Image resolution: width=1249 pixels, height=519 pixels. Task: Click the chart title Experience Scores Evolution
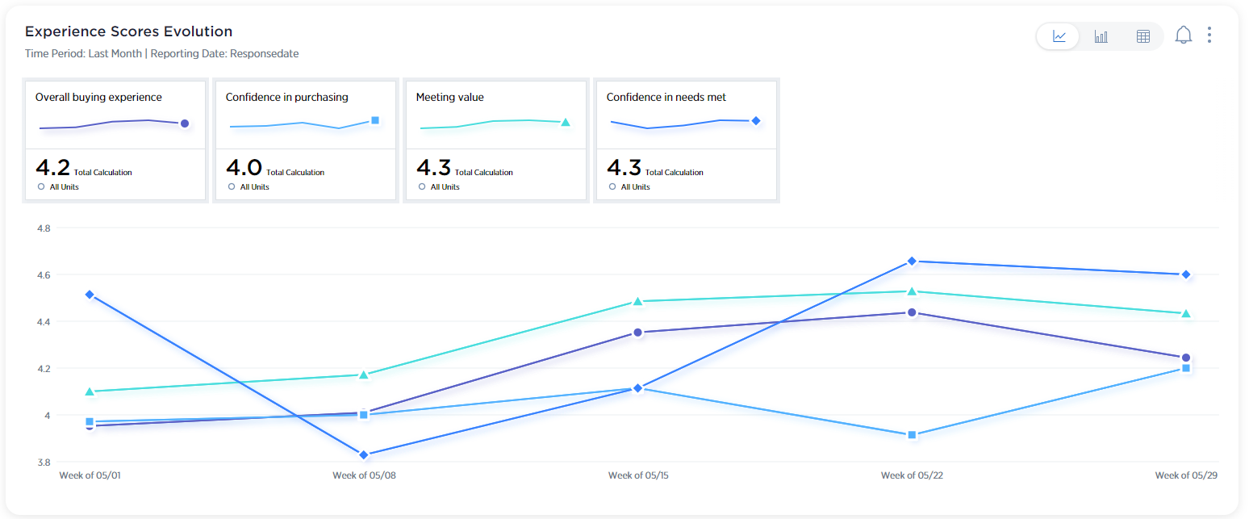(129, 32)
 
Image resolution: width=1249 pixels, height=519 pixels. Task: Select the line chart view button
(1059, 36)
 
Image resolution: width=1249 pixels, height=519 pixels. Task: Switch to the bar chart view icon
(1101, 36)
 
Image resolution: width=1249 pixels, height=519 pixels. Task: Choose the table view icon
(1142, 36)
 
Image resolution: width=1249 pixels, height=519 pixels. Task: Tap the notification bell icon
(1184, 36)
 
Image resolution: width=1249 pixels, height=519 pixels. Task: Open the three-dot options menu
(1209, 35)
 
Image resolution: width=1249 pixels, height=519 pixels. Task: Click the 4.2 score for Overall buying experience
(52, 168)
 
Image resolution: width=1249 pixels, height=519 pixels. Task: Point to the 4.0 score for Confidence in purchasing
(243, 168)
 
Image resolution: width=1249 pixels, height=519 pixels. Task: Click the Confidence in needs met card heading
(666, 98)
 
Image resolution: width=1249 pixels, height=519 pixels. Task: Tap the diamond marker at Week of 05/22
(912, 262)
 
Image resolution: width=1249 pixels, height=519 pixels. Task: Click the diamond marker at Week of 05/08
(364, 455)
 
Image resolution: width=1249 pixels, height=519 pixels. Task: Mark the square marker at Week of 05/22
(912, 435)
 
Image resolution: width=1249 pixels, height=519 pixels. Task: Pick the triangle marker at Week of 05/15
(637, 302)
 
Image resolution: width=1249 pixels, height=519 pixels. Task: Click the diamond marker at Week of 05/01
(90, 295)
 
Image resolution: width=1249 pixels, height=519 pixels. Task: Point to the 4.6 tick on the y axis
(44, 275)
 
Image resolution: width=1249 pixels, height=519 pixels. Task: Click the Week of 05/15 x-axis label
(638, 475)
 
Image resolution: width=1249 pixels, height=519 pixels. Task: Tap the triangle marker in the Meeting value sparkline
(566, 123)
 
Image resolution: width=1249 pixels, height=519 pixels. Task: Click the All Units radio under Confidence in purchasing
(232, 186)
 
